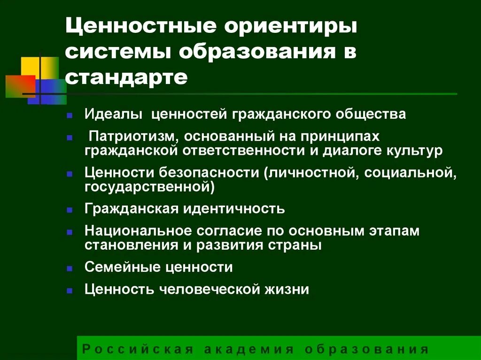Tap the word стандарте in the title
click(126, 76)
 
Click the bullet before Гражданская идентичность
click(70, 209)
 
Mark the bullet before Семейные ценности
click(70, 268)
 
